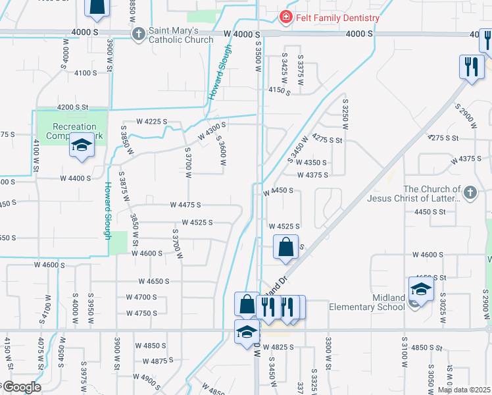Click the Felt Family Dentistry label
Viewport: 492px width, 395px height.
(337, 18)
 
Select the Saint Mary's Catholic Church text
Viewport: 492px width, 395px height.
(181, 35)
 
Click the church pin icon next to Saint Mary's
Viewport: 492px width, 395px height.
(138, 34)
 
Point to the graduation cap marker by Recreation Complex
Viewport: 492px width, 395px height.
(82, 146)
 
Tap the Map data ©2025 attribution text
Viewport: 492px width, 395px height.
(464, 390)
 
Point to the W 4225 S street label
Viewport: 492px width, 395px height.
(152, 122)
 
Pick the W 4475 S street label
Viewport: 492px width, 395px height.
(185, 205)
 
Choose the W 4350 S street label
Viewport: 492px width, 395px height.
(312, 162)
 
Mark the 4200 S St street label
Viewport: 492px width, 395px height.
(72, 107)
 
